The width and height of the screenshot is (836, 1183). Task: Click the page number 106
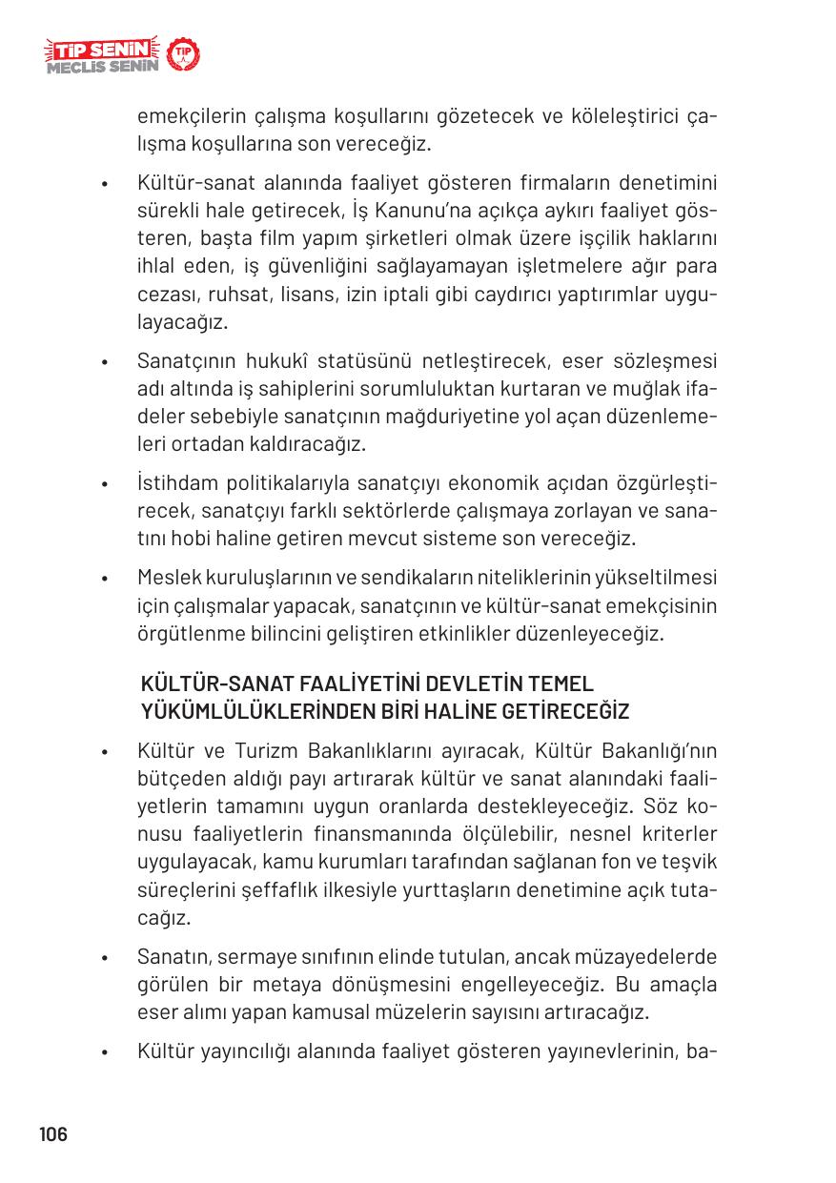point(53,1134)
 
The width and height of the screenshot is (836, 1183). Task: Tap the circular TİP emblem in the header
point(182,56)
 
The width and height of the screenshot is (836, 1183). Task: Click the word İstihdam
point(176,482)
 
